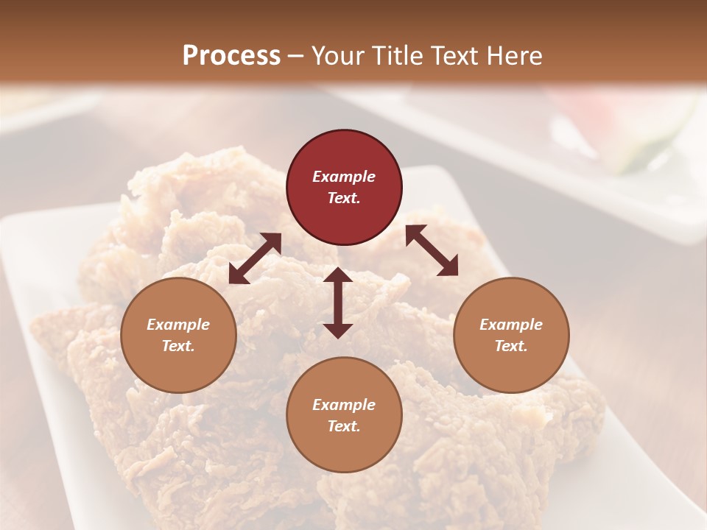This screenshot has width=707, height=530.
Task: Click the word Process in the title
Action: tap(231, 56)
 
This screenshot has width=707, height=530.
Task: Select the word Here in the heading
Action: tap(515, 56)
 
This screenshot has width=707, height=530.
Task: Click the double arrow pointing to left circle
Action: tap(255, 258)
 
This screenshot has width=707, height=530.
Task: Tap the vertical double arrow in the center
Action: tap(338, 303)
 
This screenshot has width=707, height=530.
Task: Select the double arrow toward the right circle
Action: tap(432, 250)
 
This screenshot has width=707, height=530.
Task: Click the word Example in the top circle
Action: tap(344, 177)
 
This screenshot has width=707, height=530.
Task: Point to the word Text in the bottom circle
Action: tap(344, 426)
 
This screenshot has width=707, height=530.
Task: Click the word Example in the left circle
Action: tap(178, 325)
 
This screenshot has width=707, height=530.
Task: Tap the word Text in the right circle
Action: tap(511, 346)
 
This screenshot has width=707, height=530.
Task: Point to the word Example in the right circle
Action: tap(511, 325)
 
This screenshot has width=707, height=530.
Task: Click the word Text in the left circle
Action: tap(178, 346)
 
